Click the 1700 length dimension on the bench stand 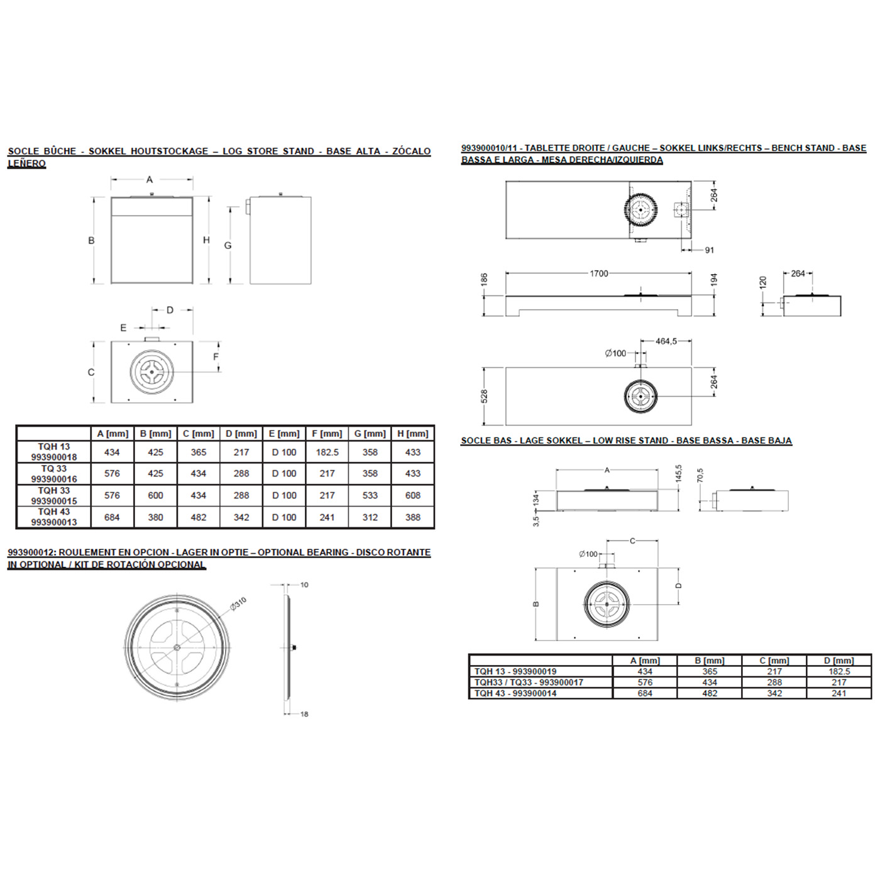pyautogui.click(x=598, y=273)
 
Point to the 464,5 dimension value pyautogui.click(x=666, y=341)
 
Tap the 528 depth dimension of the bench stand pyautogui.click(x=484, y=397)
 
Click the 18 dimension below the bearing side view pyautogui.click(x=304, y=714)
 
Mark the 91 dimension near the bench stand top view pyautogui.click(x=709, y=250)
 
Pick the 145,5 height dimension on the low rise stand pyautogui.click(x=678, y=473)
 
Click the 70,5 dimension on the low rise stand pyautogui.click(x=700, y=476)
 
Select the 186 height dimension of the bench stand pyautogui.click(x=484, y=280)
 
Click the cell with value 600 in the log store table pyautogui.click(x=155, y=495)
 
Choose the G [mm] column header pyautogui.click(x=370, y=434)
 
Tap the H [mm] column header pyautogui.click(x=412, y=434)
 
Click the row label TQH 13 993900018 pyautogui.click(x=54, y=452)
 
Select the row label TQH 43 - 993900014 pyautogui.click(x=515, y=693)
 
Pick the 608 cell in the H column pyautogui.click(x=412, y=495)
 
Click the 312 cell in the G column pyautogui.click(x=370, y=517)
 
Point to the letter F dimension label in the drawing pyautogui.click(x=216, y=357)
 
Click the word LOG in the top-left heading pyautogui.click(x=232, y=151)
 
